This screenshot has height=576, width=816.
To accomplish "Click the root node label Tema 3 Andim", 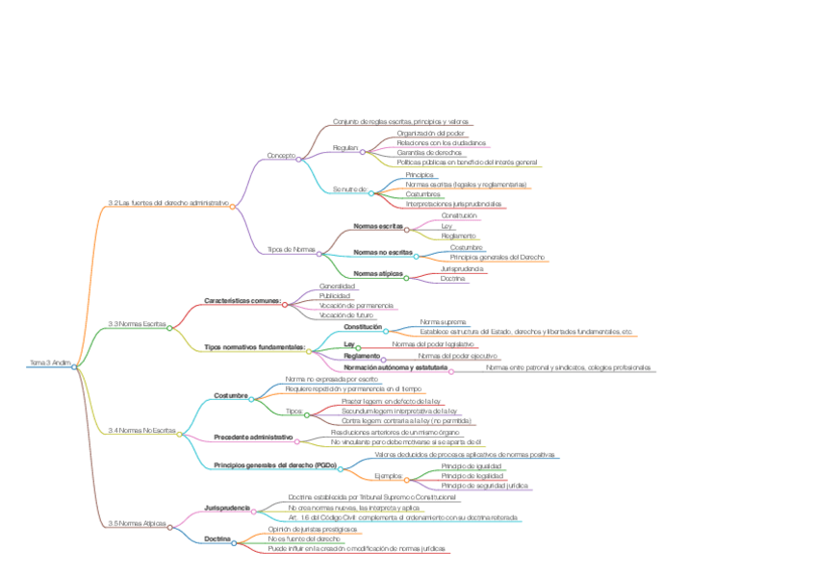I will click(x=50, y=363).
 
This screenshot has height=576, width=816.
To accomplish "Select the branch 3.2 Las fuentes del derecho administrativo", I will click(x=168, y=203).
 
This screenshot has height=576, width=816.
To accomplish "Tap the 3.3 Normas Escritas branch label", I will click(x=137, y=324).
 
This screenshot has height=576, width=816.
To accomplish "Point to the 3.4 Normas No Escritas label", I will click(x=141, y=430).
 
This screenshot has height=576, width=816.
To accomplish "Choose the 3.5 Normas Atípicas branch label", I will click(x=137, y=523).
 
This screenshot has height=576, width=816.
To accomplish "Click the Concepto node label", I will click(x=281, y=155).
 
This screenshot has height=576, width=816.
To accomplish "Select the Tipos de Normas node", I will click(x=292, y=250).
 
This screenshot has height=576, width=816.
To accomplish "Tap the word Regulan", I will click(x=345, y=148).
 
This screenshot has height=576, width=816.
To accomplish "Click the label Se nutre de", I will click(x=350, y=190).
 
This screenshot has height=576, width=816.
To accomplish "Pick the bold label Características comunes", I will click(x=242, y=301).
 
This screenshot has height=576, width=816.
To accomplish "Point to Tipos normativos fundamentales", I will click(x=254, y=346).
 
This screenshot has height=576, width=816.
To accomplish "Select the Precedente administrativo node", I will click(x=253, y=437).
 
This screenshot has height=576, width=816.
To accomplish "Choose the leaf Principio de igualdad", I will click(x=472, y=465).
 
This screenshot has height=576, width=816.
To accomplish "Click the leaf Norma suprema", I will click(x=443, y=321).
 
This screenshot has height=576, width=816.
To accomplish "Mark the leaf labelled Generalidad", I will click(x=337, y=287).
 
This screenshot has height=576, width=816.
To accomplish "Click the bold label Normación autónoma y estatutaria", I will click(x=395, y=367).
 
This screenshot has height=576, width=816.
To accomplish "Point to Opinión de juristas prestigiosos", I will click(x=313, y=529).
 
